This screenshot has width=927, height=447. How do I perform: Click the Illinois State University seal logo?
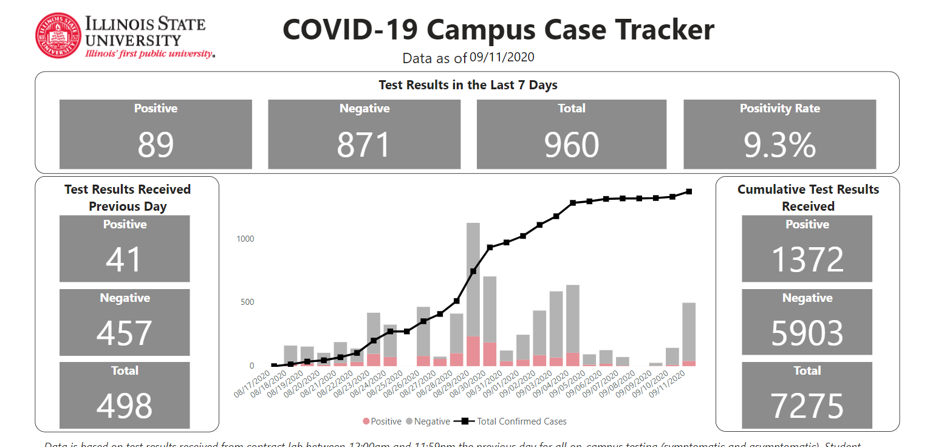pyautogui.click(x=58, y=36)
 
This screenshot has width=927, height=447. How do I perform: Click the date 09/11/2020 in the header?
pyautogui.click(x=502, y=57)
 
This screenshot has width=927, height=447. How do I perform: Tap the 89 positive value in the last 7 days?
pyautogui.click(x=156, y=145)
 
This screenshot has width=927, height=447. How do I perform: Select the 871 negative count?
pyautogui.click(x=364, y=145)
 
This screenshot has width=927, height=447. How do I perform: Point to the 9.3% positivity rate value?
pyautogui.click(x=779, y=145)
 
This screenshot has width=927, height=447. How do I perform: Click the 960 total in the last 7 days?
pyautogui.click(x=572, y=145)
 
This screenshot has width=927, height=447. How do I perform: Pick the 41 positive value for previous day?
pyautogui.click(x=125, y=259)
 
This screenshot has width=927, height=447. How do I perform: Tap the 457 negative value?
pyautogui.click(x=125, y=333)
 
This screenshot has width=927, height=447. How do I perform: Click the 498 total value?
pyautogui.click(x=125, y=406)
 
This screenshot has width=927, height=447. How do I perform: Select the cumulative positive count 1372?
pyautogui.click(x=807, y=259)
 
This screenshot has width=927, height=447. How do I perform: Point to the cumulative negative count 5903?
pyautogui.click(x=807, y=333)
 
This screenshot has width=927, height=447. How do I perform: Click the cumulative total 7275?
pyautogui.click(x=807, y=406)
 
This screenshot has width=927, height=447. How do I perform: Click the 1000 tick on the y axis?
pyautogui.click(x=245, y=239)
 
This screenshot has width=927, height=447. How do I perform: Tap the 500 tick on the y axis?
pyautogui.click(x=247, y=302)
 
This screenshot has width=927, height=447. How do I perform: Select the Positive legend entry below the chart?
pyautogui.click(x=382, y=421)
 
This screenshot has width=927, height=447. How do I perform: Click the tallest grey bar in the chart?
pyautogui.click(x=473, y=279)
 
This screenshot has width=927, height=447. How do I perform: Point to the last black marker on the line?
pyautogui.click(x=689, y=191)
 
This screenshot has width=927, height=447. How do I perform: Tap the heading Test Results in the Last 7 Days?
pyautogui.click(x=468, y=85)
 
